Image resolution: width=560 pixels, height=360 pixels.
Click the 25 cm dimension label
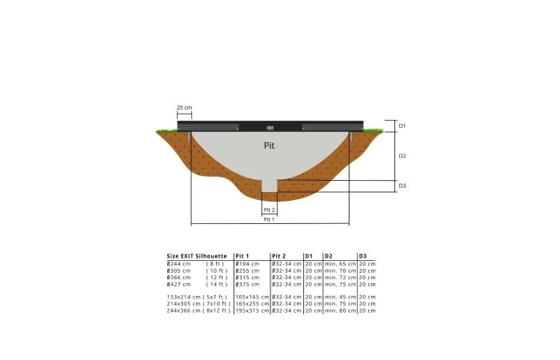[x=184, y=107]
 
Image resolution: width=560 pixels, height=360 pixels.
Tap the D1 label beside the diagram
[x=402, y=126]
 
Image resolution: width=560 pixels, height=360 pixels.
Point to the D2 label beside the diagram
[x=402, y=156]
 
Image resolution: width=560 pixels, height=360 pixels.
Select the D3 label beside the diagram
[x=402, y=186]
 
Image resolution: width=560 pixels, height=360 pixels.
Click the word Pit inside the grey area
[x=270, y=146]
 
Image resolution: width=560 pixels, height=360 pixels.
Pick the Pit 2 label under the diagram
[x=270, y=210]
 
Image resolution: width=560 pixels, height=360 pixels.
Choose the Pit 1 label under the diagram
[x=269, y=219]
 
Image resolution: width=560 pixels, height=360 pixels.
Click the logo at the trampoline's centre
[x=270, y=128]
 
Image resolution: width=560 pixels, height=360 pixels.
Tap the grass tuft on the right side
[x=374, y=130]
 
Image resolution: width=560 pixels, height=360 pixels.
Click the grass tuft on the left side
[x=167, y=130]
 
